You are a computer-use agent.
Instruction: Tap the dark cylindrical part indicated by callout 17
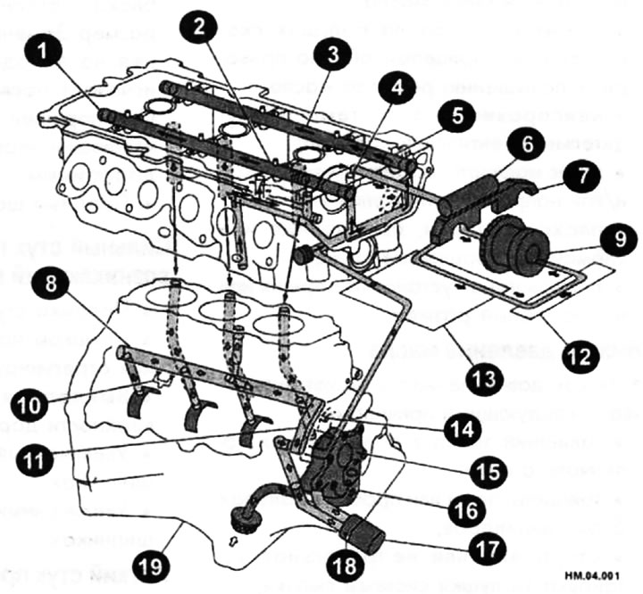coord(363,532)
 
